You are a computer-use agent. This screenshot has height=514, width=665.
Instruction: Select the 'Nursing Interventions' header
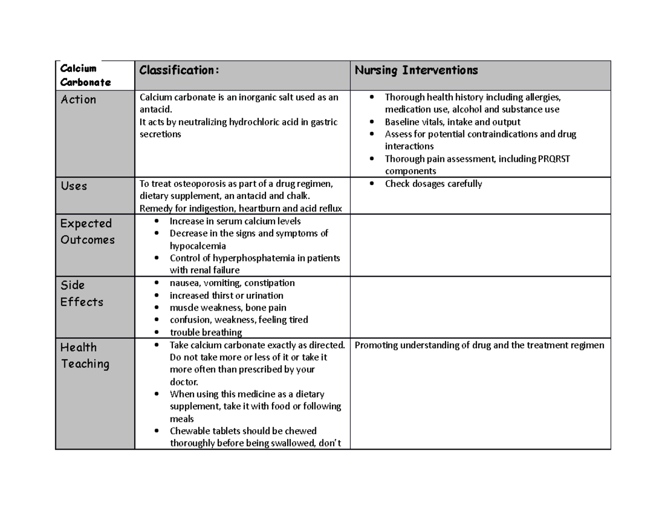[x=416, y=70]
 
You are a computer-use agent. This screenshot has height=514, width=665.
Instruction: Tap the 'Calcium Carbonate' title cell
[x=85, y=75]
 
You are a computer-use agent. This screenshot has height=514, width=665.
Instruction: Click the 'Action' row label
[x=78, y=100]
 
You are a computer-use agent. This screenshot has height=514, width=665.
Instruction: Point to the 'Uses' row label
[x=74, y=186]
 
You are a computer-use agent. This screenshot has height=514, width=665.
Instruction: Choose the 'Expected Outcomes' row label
[x=87, y=232]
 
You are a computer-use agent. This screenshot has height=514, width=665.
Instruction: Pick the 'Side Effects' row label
[x=81, y=293]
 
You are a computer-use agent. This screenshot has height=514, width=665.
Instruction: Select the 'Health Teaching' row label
[x=85, y=355]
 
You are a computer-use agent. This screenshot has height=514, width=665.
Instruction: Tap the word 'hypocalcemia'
[x=198, y=246]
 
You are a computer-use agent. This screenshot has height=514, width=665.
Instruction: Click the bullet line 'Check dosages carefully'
[x=433, y=184]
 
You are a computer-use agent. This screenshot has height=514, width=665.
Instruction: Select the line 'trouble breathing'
[x=206, y=333]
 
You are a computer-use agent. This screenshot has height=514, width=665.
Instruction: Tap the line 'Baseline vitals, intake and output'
[x=452, y=122]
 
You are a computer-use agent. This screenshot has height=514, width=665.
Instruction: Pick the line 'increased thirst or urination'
[x=226, y=296]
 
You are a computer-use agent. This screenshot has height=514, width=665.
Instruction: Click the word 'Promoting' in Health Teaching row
[x=375, y=345]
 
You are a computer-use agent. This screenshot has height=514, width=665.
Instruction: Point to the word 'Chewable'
[x=188, y=431]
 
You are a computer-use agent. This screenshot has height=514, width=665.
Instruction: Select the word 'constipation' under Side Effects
[x=269, y=283]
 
